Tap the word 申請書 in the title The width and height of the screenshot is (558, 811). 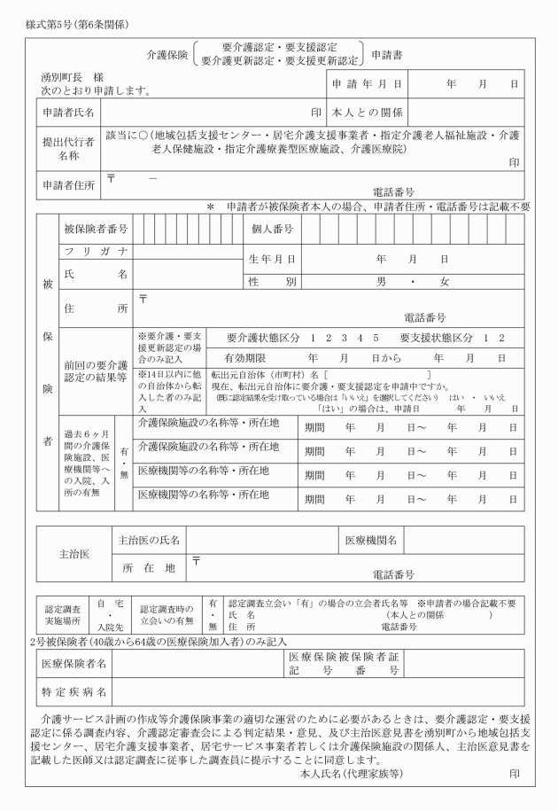386,54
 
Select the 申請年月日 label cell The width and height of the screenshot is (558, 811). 368,84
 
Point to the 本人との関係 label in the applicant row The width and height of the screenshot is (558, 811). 368,113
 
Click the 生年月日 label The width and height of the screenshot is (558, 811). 273,260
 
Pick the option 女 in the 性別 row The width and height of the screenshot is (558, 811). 444,282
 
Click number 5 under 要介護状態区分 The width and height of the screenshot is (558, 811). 376,339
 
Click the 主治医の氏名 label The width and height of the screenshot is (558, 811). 149,540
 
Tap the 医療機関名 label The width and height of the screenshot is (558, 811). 370,540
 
